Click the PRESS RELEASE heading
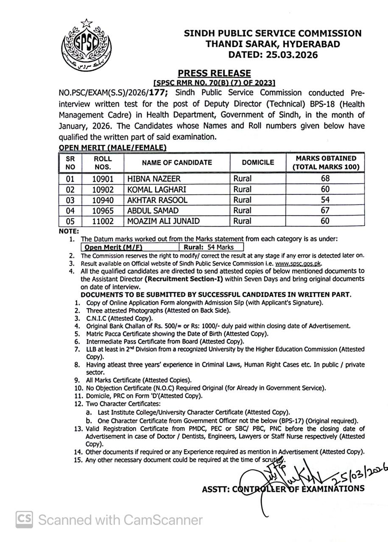tap(214, 73)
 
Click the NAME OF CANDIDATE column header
tap(177, 163)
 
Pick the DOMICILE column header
tap(258, 163)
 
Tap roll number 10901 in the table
tap(103, 179)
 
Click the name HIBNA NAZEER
tap(154, 179)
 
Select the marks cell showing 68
tap(325, 179)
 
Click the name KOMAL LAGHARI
tap(157, 189)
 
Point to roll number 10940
tap(103, 200)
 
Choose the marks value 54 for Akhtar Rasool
tap(325, 200)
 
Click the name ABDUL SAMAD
tap(153, 210)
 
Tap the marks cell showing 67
tap(325, 210)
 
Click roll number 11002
tap(103, 221)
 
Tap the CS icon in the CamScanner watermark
tap(25, 519)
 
